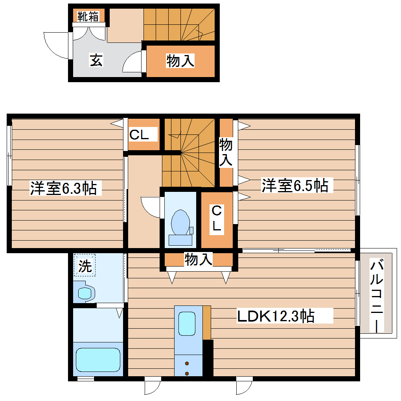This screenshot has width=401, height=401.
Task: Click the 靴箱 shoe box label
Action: tap(88, 16)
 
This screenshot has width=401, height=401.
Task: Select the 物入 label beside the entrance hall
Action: tap(180, 61)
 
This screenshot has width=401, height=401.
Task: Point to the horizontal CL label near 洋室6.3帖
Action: tap(140, 135)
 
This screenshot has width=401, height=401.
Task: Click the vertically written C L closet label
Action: tap(217, 218)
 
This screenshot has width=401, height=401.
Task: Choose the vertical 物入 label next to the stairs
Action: tap(226, 151)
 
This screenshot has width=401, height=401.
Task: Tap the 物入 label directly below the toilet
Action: tap(199, 259)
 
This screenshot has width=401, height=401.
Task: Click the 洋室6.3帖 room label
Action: tap(63, 188)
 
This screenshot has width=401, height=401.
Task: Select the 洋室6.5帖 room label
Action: tap(295, 185)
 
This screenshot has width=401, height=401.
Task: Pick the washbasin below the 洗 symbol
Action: tap(85, 293)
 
